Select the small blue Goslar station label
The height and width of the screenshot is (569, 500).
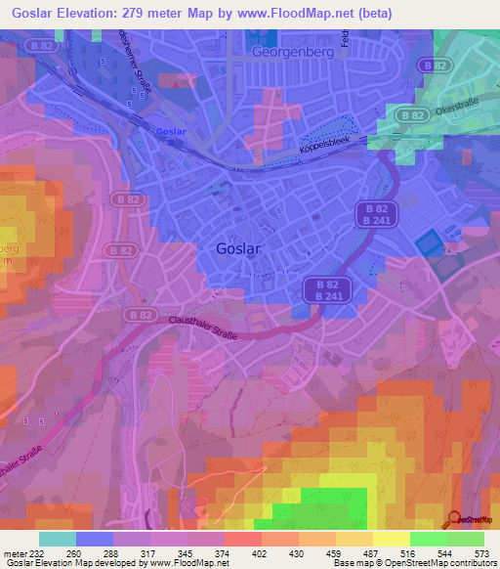click(x=170, y=131)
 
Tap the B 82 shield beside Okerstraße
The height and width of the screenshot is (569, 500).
click(x=411, y=114)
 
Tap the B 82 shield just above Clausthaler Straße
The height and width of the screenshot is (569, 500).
click(x=139, y=316)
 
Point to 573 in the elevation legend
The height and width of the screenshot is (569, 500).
click(x=482, y=552)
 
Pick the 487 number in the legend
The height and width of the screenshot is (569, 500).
click(x=372, y=552)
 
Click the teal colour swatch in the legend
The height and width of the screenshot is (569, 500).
click(x=57, y=539)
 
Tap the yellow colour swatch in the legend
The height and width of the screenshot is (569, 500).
click(x=391, y=539)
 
